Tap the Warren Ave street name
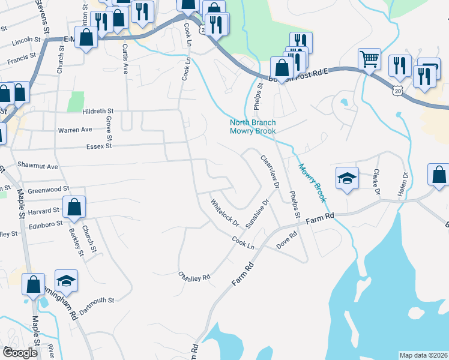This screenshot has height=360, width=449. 74,130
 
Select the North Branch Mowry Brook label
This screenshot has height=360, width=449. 253,127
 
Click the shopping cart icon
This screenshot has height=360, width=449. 369,59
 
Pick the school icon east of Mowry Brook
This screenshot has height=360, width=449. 347,178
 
